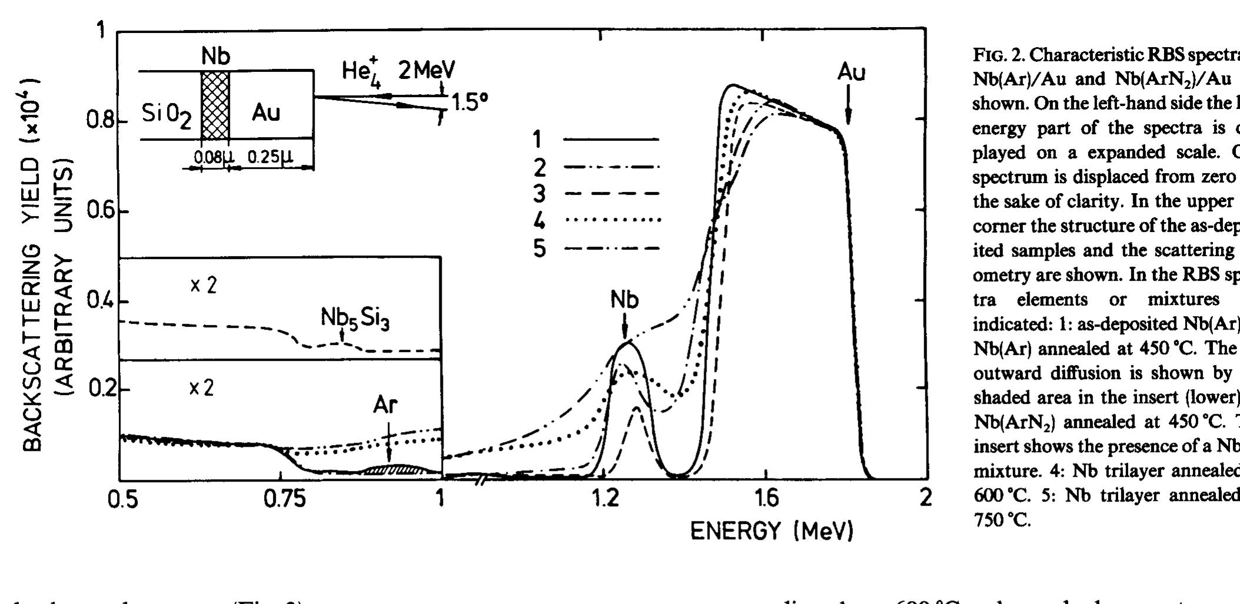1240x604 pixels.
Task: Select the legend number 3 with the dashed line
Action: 538,194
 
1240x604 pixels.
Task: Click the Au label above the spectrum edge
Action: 851,72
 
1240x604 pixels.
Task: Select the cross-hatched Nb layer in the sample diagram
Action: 215,105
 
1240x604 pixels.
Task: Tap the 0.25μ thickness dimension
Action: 269,157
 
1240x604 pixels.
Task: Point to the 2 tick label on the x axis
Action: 926,499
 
